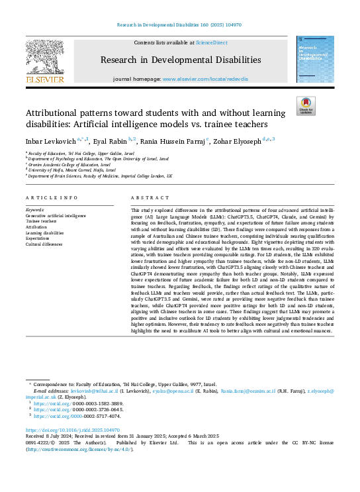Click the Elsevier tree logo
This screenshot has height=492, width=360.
[44, 60]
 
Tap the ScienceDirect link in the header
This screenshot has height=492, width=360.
[211, 42]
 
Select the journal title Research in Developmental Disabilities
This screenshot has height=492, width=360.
[180, 60]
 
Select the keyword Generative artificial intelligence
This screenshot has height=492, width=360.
[56, 215]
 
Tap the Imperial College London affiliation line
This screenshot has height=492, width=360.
[100, 177]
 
